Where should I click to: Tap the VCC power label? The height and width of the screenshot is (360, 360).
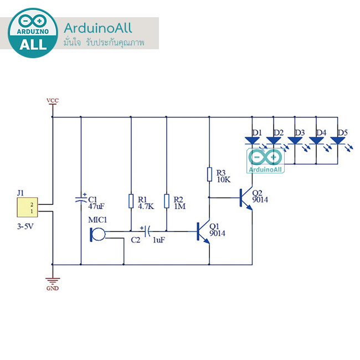coord(53,101)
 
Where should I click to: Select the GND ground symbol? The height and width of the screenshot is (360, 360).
coord(53,282)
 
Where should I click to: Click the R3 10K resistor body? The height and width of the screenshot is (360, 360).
coord(209,174)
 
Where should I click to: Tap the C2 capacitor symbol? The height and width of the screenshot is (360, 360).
coord(147,230)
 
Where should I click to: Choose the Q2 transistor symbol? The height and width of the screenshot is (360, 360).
coord(246,197)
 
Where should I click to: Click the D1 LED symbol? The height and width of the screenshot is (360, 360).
coord(252,141)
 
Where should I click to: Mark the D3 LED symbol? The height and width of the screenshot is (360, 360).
coord(295,141)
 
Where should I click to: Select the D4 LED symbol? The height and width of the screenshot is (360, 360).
coord(316,141)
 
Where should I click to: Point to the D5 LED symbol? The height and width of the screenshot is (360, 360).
coord(337,141)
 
